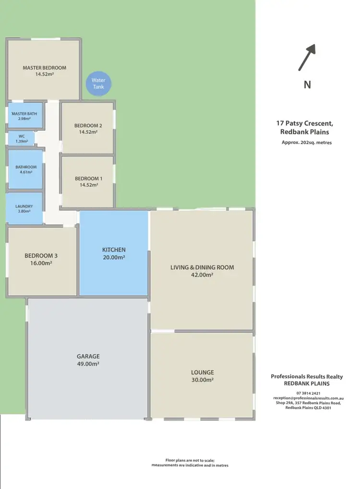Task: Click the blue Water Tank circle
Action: [98, 84]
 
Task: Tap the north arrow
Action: [307, 57]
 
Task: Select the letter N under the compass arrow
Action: [307, 85]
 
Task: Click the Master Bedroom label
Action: [45, 68]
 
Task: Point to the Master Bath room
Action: [24, 116]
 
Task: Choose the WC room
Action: [22, 139]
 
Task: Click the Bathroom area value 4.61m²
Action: [26, 172]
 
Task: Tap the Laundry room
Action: [24, 209]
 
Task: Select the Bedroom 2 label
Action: [88, 126]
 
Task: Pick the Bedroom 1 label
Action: [88, 179]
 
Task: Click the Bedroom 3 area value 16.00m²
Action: [41, 263]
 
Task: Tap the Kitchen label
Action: [114, 250]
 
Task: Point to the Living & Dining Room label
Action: [202, 267]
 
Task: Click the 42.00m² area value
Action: [202, 275]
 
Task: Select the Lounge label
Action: [202, 372]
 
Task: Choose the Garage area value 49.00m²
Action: [88, 364]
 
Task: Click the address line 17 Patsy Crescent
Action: [304, 123]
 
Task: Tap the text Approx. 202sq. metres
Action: [307, 143]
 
